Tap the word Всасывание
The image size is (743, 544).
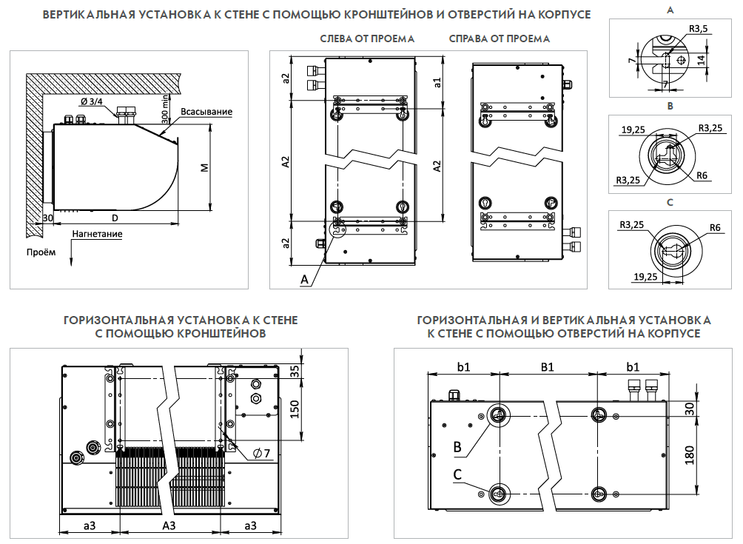click(x=206, y=112)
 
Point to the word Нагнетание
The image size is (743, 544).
click(x=97, y=235)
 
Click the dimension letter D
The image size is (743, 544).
click(x=115, y=218)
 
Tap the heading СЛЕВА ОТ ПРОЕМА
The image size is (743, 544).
click(x=367, y=38)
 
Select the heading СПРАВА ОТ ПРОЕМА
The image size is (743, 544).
click(x=500, y=38)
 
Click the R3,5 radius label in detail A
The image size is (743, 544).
click(x=698, y=28)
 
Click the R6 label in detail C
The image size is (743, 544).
click(x=715, y=228)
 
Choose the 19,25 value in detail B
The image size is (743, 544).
click(x=633, y=130)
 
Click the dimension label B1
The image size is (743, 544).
click(x=548, y=366)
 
